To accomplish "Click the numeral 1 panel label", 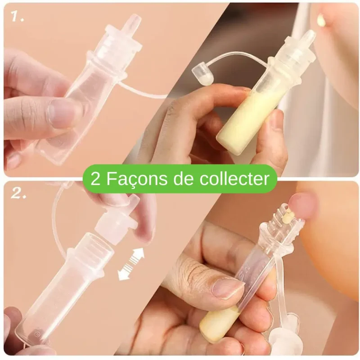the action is point(17,17).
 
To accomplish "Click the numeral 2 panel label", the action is point(18,193).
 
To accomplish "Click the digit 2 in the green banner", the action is point(95,179).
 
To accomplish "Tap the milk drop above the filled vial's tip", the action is point(320,19).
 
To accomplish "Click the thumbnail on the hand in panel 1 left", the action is point(61,113).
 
